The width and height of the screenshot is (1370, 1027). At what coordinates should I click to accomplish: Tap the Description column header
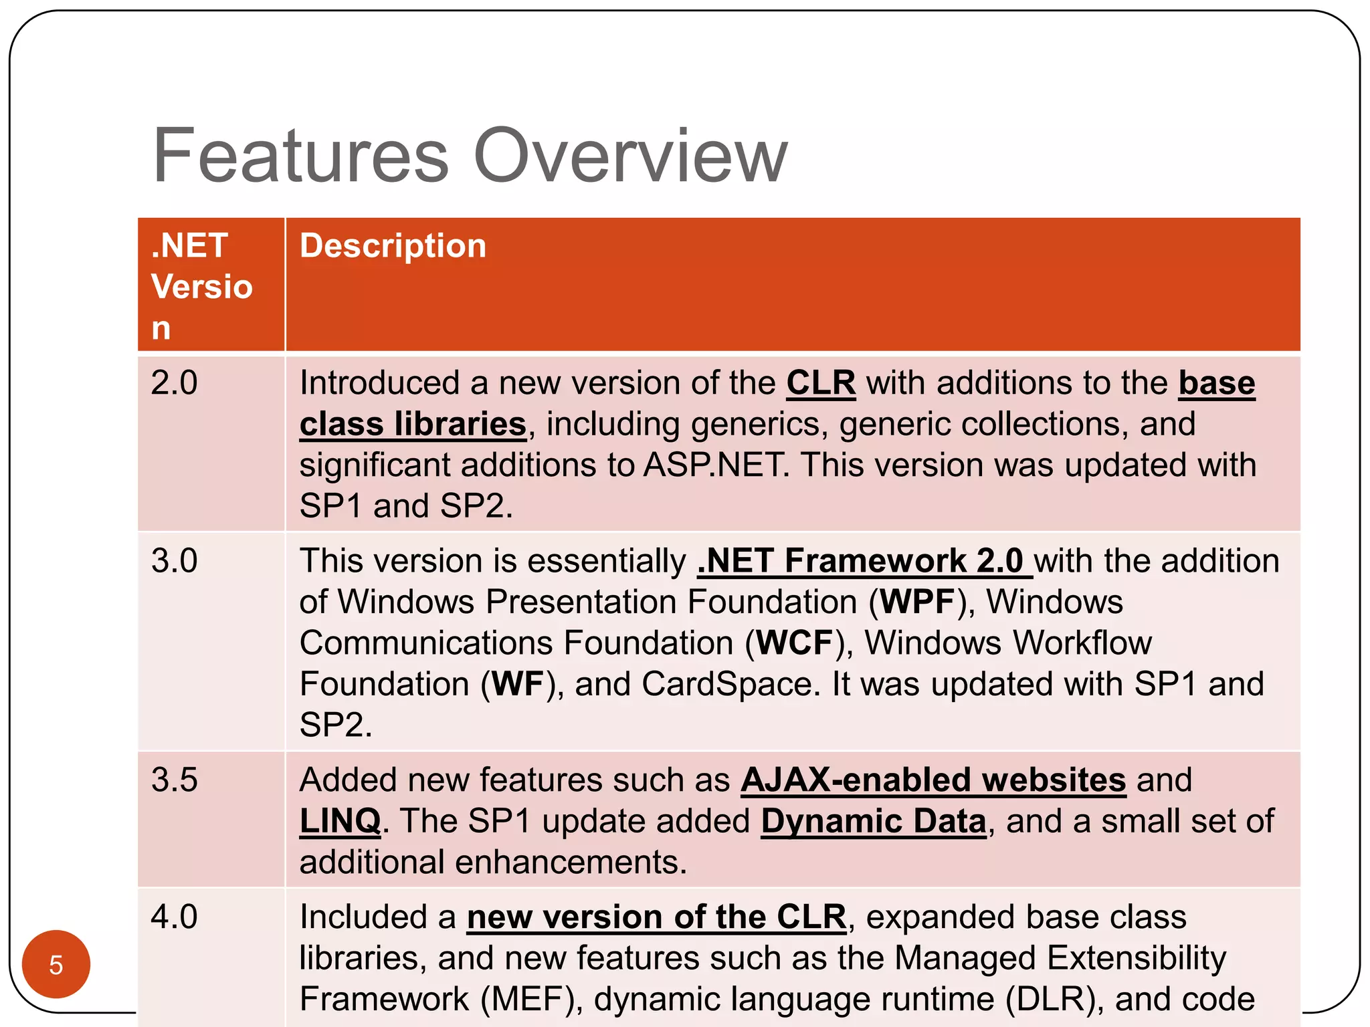(393, 246)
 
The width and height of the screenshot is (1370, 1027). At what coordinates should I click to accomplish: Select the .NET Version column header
(201, 286)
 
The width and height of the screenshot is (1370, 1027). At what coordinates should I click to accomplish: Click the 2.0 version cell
(174, 383)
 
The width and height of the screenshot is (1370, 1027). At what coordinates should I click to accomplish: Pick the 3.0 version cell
(174, 560)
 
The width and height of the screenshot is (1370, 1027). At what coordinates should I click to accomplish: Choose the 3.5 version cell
(174, 780)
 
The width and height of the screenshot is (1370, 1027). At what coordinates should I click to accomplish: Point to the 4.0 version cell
(174, 917)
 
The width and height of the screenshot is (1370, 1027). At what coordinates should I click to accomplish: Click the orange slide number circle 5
(56, 964)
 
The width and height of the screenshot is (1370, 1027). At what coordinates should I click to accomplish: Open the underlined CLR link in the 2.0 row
(821, 384)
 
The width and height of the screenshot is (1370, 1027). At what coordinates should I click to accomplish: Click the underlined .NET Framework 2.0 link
(864, 561)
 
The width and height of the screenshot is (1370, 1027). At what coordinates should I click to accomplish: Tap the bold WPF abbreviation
(918, 602)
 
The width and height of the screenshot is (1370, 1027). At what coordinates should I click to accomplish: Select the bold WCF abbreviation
(795, 643)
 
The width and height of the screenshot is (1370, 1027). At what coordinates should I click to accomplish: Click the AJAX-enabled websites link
(933, 780)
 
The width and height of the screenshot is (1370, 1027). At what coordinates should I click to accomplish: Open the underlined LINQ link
(340, 821)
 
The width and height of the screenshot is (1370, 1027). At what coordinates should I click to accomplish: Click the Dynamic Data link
(874, 821)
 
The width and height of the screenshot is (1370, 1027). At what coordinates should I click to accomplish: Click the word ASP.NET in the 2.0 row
(714, 465)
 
